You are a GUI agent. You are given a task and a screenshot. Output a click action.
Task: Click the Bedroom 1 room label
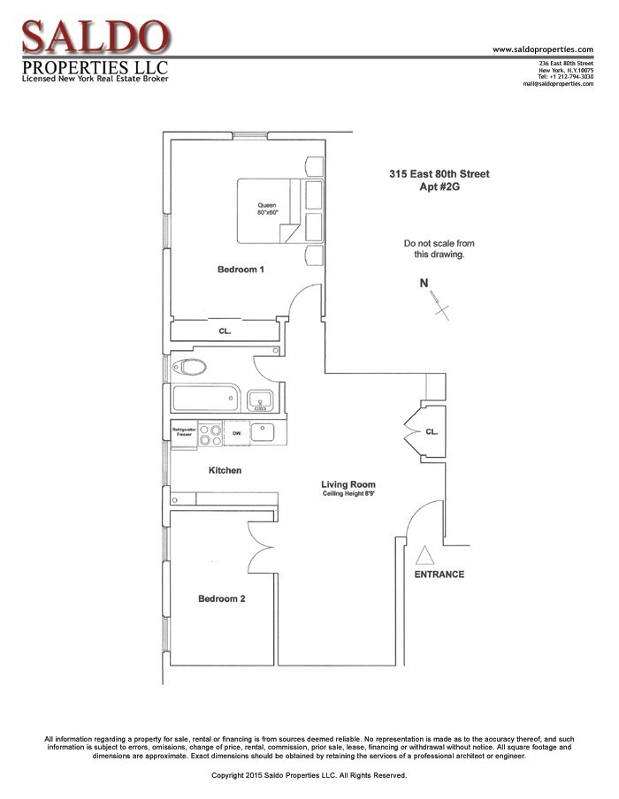241,269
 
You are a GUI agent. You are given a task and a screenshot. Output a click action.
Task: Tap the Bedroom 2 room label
221,598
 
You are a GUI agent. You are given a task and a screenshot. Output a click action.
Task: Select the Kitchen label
225,470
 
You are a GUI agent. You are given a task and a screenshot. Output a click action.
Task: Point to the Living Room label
348,484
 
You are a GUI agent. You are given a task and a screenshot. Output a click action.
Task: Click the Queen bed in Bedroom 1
269,211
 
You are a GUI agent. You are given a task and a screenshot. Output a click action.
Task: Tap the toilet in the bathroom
189,367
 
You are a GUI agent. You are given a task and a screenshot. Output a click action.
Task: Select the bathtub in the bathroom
206,399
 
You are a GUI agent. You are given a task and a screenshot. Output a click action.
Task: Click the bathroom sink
259,400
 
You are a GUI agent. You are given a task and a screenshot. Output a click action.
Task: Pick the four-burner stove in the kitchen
210,434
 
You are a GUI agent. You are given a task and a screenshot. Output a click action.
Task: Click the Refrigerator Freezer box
183,433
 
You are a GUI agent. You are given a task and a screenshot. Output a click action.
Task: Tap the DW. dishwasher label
237,433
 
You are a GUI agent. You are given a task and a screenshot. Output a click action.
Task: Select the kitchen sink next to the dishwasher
263,432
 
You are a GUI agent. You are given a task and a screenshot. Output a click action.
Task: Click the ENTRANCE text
439,575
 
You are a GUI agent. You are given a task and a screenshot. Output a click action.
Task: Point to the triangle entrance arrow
424,556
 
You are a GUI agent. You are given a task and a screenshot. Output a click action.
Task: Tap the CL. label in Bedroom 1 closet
225,331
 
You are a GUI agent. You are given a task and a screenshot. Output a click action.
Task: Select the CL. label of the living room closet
431,432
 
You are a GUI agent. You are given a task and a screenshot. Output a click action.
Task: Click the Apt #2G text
439,187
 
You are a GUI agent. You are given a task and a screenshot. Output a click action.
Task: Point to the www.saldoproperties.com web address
542,49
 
